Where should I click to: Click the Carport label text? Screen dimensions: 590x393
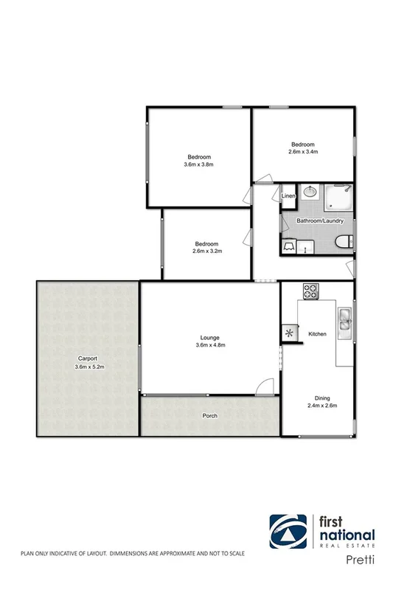pos(87,359)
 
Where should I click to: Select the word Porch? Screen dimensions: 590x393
pos(210,415)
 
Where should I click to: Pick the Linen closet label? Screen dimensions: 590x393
pos(288,195)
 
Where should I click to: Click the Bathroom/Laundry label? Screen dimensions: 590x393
pos(316,221)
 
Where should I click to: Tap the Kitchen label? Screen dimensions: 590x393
pos(317,335)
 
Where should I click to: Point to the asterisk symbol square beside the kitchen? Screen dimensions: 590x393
pos(288,333)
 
